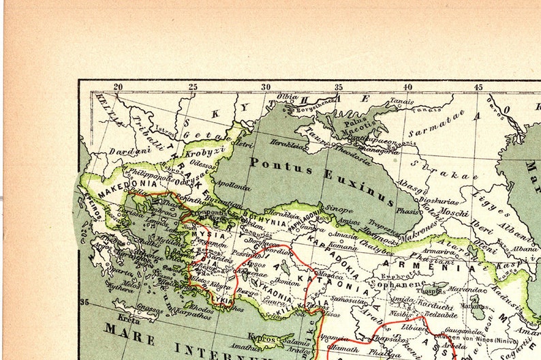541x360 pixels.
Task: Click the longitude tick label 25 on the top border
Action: [193, 87]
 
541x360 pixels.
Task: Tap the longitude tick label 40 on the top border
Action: [407, 87]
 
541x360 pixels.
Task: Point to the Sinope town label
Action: [339, 209]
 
